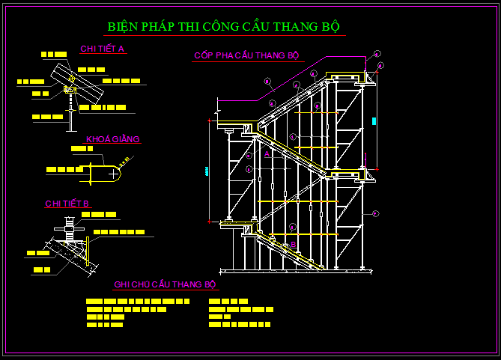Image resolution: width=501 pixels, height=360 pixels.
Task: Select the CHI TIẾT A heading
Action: (102, 49)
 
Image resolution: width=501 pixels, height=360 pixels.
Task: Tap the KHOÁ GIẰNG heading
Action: (113, 139)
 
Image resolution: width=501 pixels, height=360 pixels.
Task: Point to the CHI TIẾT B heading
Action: (67, 204)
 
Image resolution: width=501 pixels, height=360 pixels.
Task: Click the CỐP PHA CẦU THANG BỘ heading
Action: (246, 56)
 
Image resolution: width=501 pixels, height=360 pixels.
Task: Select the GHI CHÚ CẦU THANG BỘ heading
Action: (165, 284)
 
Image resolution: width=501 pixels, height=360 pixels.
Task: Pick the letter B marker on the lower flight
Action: (294, 245)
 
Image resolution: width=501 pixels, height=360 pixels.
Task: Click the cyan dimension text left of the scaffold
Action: (206, 171)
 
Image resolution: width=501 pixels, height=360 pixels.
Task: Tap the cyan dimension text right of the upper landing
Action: (373, 120)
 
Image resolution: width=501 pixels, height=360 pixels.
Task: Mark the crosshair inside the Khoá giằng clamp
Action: (112, 173)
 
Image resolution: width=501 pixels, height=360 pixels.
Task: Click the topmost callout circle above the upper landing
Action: (377, 54)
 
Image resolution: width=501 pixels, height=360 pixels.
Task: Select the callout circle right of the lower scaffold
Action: (375, 213)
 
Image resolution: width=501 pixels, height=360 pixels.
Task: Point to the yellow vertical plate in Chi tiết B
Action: (88, 251)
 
